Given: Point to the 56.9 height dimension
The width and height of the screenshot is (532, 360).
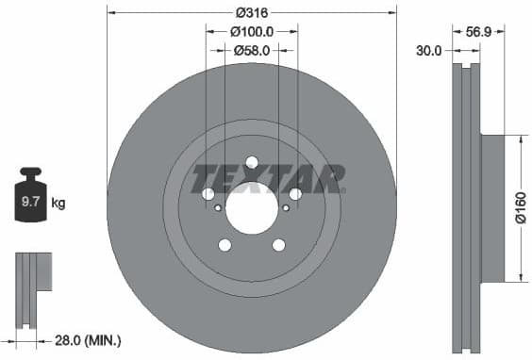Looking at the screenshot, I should coord(478,31).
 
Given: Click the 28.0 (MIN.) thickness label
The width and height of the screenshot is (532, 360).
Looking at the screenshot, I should coord(87,339).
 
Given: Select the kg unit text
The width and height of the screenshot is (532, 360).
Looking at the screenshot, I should coord(58,203).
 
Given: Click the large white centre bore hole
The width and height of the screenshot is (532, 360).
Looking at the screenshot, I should coord(252,209).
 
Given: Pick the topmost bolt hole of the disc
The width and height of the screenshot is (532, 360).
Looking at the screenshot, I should coord(252,161).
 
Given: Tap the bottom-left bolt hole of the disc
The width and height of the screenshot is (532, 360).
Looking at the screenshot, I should coord(224,246).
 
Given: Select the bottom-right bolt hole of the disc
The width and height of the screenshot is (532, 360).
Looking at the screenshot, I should coord(278,246).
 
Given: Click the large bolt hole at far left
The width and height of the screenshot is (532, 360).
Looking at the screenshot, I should coord(208,194).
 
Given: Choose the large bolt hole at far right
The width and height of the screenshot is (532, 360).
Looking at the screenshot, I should coord(295,194).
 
